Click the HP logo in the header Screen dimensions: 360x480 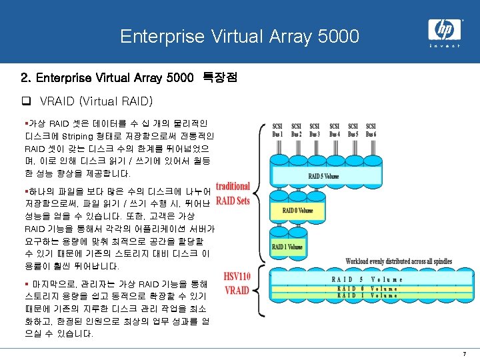(443, 29)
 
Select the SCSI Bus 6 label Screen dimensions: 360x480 (371, 130)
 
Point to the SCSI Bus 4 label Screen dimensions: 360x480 (334, 130)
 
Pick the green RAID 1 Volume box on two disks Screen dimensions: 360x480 (287, 247)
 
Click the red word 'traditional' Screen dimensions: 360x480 (232, 187)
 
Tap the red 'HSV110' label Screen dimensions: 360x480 (237, 277)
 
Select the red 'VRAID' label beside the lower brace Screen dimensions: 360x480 (237, 290)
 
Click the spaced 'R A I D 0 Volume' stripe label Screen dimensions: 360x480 (369, 289)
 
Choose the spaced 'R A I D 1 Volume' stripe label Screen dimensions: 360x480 (369, 295)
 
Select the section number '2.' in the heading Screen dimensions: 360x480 (25, 79)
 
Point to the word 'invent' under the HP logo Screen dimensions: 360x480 (443, 46)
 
